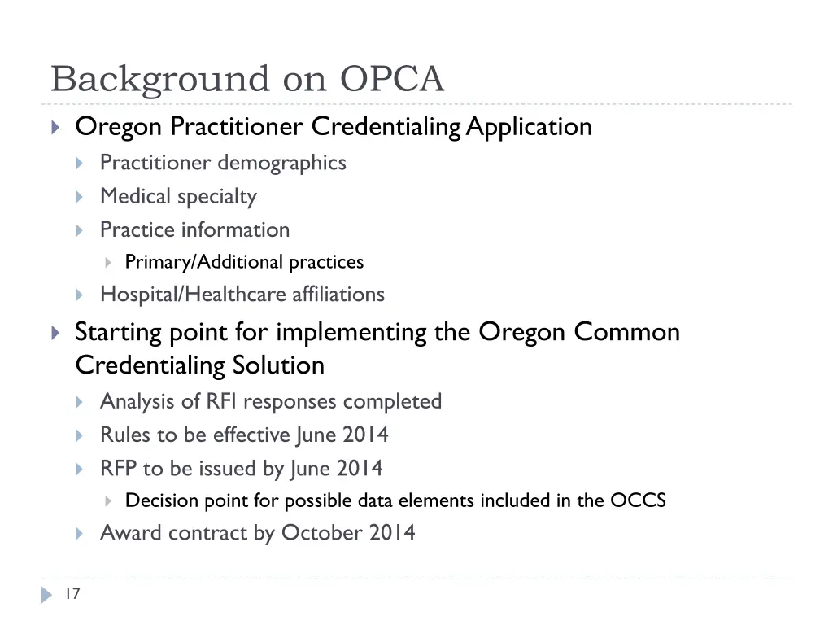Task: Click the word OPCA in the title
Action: click(x=392, y=80)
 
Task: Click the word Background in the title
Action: click(x=160, y=80)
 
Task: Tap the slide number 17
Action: click(x=72, y=594)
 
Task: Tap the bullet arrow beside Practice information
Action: click(x=80, y=230)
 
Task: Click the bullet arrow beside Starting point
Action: click(x=55, y=332)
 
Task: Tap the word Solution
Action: click(x=278, y=365)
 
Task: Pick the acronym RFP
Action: click(x=118, y=469)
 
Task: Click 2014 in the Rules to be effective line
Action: click(x=365, y=435)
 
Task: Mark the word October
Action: click(x=322, y=533)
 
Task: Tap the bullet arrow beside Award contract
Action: click(x=80, y=534)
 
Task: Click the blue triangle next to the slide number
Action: click(x=47, y=595)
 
